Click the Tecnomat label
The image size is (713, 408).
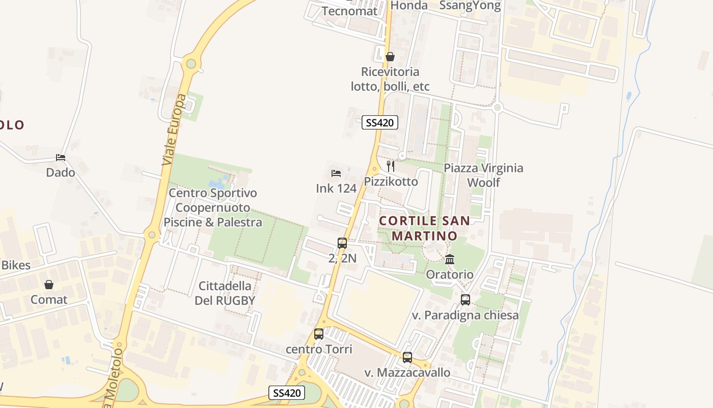[x=349, y=11]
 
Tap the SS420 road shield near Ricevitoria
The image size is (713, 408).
[x=380, y=122]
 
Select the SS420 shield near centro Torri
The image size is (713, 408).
[x=287, y=393]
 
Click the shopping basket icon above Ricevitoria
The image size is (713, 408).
[x=390, y=57]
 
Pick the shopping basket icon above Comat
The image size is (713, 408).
[x=49, y=285]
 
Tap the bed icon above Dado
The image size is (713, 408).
[x=61, y=158]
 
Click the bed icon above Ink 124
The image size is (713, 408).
[x=336, y=173]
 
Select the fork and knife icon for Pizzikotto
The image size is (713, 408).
[x=391, y=166]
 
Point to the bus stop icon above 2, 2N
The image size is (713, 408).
[x=342, y=243]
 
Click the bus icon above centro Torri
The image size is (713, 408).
[x=319, y=334]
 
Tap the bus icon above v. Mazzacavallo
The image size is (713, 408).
[x=407, y=358]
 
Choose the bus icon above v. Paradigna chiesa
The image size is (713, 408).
[x=465, y=300]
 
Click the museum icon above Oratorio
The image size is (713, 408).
[x=450, y=260]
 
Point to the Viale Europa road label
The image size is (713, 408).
[x=174, y=130]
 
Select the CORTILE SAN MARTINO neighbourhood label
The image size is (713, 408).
[x=424, y=228]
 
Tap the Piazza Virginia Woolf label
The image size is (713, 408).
[x=483, y=175]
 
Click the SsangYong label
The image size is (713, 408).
[x=470, y=6]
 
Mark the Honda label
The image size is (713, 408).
[x=409, y=5]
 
